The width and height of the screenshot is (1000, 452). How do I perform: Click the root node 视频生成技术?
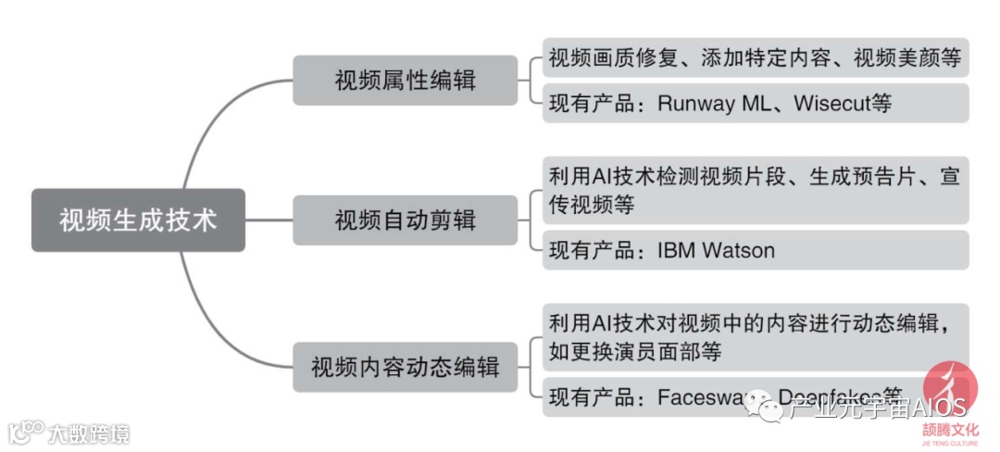click(138, 220)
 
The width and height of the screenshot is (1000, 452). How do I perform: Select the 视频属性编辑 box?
click(405, 80)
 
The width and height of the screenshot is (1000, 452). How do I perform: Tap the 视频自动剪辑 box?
click(405, 220)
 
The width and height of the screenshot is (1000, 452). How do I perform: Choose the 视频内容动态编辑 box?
click(405, 367)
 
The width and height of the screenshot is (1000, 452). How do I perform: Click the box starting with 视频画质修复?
click(755, 57)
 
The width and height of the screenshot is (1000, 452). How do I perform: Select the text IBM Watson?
click(715, 250)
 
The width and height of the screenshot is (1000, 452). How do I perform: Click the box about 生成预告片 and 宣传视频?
click(755, 190)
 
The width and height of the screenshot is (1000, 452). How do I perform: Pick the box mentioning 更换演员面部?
click(755, 337)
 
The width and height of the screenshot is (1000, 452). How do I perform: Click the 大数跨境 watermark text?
click(89, 433)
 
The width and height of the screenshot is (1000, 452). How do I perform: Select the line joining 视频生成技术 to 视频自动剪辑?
click(269, 220)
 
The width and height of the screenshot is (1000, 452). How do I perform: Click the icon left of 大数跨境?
click(26, 432)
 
